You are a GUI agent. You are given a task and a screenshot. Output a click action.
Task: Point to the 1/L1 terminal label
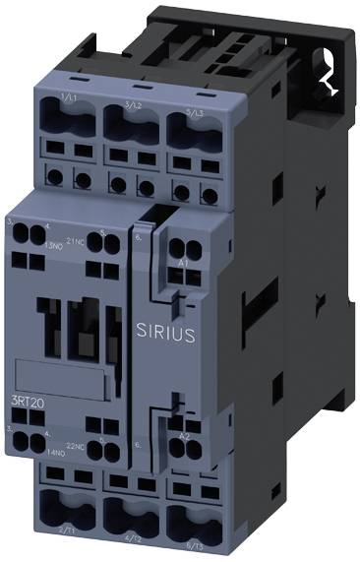(69, 98)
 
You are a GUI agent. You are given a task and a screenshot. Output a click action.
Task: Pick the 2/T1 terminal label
(68, 531)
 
